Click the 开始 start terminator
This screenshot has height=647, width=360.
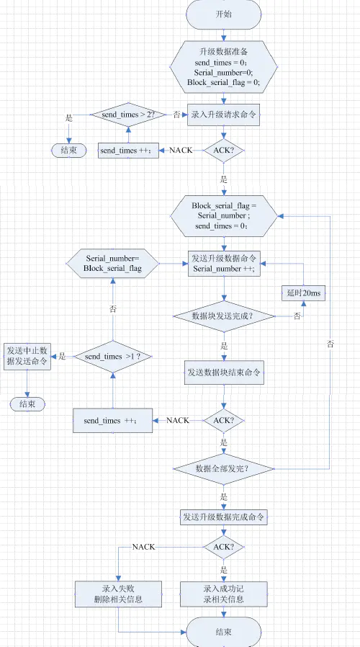[224, 14]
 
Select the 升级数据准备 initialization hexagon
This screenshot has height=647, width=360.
[224, 68]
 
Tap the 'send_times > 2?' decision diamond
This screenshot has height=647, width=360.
[129, 114]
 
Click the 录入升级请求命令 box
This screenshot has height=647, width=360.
[224, 114]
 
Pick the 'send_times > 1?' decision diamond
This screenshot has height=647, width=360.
[112, 357]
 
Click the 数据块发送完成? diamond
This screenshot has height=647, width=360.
[224, 316]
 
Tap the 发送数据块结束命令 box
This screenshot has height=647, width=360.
[224, 372]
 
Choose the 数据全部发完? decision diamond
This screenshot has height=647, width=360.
[224, 468]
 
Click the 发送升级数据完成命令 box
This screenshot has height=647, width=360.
[224, 517]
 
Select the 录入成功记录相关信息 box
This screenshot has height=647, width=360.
[224, 594]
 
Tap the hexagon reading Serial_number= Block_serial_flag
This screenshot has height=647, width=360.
[112, 263]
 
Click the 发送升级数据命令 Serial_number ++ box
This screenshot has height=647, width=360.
[224, 263]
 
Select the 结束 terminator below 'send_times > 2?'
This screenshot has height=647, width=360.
[69, 150]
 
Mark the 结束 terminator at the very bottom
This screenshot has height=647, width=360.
[224, 632]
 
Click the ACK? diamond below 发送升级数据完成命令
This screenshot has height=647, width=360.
[224, 547]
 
